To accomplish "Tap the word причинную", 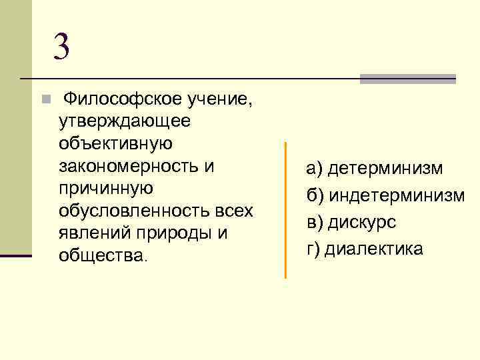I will [107, 189].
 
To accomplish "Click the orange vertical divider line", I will [285, 209].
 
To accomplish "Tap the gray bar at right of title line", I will [407, 79].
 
